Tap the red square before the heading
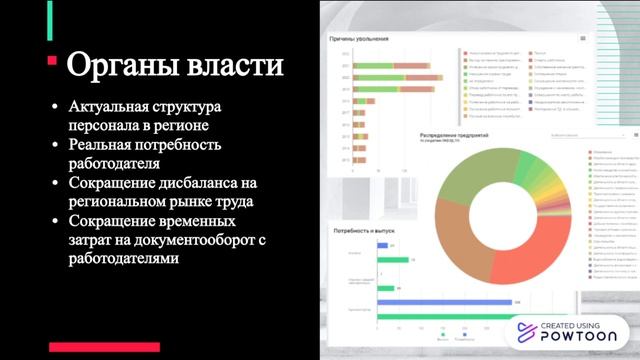(x=52, y=61)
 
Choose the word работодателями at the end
(x=125, y=259)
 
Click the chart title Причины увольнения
(x=359, y=37)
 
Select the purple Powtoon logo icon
(x=527, y=332)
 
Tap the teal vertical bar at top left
(x=50, y=19)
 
